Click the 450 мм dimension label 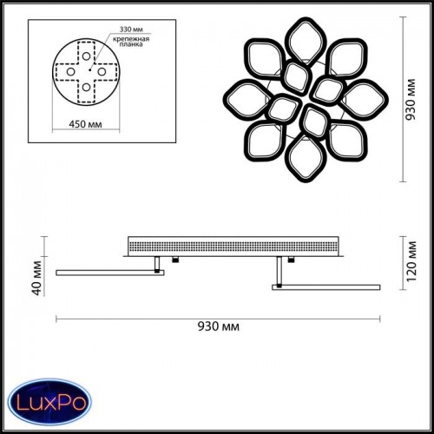click(85, 124)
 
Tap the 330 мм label click(131, 30)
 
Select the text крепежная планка click(131, 42)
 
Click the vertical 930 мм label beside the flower click(411, 99)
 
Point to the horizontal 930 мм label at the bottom click(219, 326)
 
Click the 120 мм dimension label click(411, 261)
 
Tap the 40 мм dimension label click(37, 278)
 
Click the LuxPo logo click(49, 402)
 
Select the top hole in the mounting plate click(86, 56)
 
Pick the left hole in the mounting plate click(71, 71)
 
